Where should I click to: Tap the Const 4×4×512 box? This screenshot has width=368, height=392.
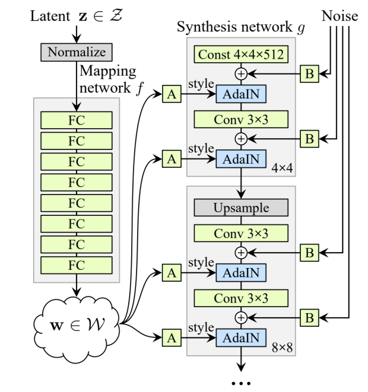point(240,55)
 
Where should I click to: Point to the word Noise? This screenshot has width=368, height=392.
point(340,16)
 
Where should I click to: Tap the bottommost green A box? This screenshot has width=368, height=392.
point(172,339)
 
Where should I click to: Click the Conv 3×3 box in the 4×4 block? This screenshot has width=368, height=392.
point(240,119)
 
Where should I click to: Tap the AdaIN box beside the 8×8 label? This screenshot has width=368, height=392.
point(240,338)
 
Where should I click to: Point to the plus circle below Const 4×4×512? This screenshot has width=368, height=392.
point(240,75)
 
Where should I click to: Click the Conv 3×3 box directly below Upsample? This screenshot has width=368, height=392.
point(240,233)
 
